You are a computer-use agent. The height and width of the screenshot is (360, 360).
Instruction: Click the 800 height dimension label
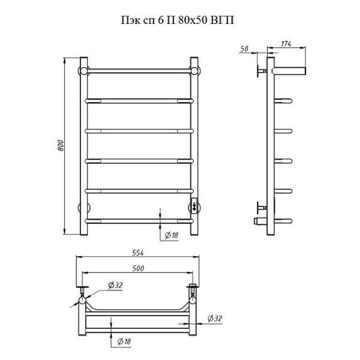[61, 145]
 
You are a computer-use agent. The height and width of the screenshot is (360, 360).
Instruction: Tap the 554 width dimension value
[138, 253]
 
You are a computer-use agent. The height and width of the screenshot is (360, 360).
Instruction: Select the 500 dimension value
[138, 268]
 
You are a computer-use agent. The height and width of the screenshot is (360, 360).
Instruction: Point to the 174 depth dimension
[286, 44]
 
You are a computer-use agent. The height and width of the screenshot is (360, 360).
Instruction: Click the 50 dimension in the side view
[244, 49]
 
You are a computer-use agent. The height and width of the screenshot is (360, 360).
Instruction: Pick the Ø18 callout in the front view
[172, 235]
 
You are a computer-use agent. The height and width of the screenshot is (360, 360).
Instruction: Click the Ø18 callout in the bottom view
[124, 341]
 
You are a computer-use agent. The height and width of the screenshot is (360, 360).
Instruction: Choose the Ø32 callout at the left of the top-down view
[115, 285]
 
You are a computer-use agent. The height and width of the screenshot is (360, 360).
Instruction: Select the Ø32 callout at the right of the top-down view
[215, 319]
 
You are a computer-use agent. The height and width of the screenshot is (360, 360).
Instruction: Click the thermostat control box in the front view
[194, 206]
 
